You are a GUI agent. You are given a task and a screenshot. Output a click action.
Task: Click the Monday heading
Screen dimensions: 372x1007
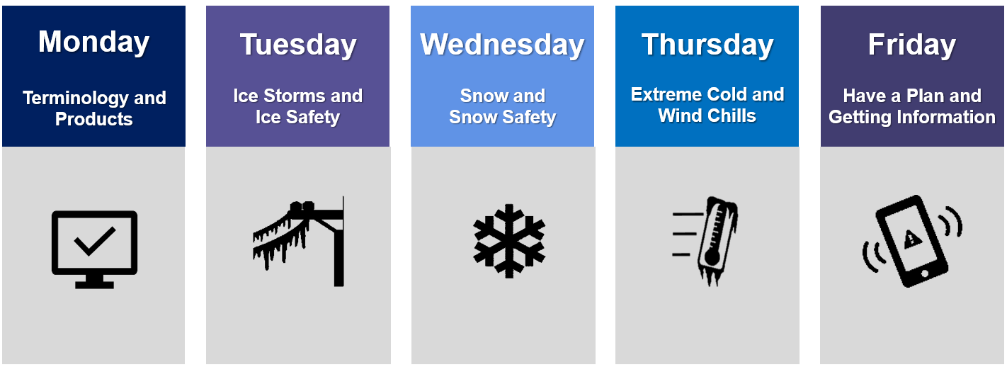click(93, 42)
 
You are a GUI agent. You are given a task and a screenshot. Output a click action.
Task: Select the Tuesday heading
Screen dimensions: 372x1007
click(297, 45)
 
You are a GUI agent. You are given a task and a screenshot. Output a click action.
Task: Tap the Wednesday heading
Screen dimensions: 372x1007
click(502, 45)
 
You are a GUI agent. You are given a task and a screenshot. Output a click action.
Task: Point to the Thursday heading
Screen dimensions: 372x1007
click(707, 45)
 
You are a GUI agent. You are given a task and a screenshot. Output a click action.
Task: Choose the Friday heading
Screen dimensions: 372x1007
click(911, 45)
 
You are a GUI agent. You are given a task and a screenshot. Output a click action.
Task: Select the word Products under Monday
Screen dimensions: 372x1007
click(93, 118)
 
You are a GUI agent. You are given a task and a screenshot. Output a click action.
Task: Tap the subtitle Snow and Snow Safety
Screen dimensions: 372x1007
click(502, 106)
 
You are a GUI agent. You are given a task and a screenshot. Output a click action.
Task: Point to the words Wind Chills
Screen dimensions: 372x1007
click(707, 115)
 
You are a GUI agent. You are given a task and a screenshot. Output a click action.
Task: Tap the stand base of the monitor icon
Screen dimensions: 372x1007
click(94, 283)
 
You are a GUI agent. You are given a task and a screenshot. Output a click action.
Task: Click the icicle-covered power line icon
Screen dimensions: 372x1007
click(299, 240)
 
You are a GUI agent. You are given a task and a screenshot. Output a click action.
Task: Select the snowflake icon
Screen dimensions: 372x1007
click(509, 240)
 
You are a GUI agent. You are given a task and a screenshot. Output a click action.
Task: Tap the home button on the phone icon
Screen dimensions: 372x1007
click(923, 274)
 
